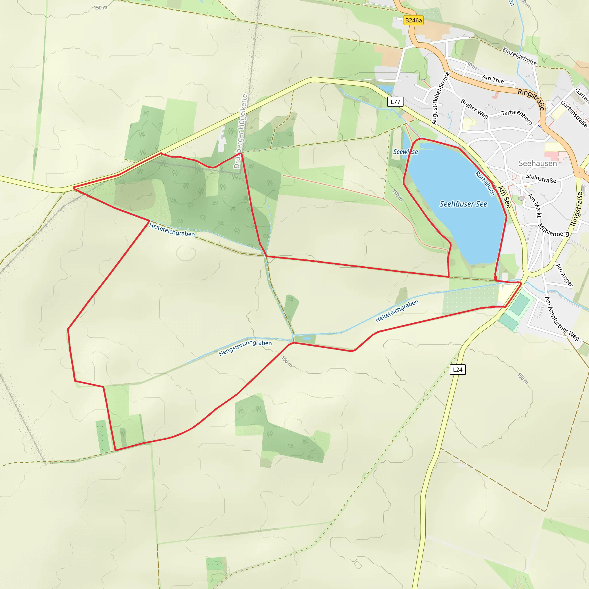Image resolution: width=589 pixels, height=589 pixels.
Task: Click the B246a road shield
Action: pyautogui.click(x=413, y=20)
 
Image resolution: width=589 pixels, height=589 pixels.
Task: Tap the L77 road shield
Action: pyautogui.click(x=395, y=102)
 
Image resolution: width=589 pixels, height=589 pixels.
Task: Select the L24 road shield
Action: pyautogui.click(x=458, y=370)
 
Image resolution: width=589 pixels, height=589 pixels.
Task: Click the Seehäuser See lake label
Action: pyautogui.click(x=463, y=204)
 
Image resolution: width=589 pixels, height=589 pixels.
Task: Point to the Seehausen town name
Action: pyautogui.click(x=538, y=163)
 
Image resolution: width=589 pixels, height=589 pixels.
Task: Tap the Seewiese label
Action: pyautogui.click(x=406, y=152)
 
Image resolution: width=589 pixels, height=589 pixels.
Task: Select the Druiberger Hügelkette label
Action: pyautogui.click(x=240, y=131)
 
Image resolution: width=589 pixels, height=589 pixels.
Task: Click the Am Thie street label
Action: pyautogui.click(x=493, y=79)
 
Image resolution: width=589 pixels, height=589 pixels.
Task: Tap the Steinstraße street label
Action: pyautogui.click(x=541, y=178)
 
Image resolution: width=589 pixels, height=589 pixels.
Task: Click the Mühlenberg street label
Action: pyautogui.click(x=553, y=230)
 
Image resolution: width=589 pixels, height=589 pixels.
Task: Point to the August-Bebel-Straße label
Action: pyautogui.click(x=441, y=98)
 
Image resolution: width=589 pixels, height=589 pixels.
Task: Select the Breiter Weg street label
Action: pyautogui.click(x=474, y=108)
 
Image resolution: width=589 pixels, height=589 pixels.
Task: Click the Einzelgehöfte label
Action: pyautogui.click(x=519, y=56)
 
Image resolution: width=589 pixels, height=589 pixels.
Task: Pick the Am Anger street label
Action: pyautogui.click(x=564, y=275)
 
